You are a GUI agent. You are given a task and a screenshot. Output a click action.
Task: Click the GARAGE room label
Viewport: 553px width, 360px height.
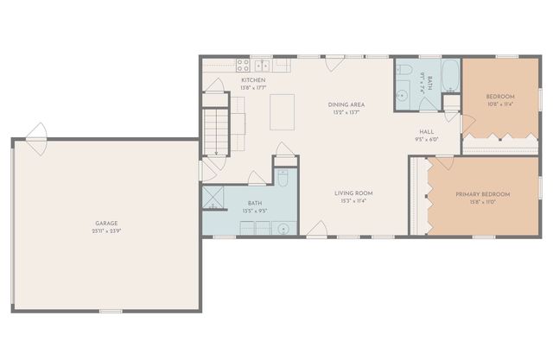[x=106, y=224]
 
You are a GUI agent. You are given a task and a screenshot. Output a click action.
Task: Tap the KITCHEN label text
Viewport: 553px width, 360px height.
[x=252, y=79]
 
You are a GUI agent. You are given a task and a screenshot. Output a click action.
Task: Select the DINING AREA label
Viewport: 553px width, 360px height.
[x=343, y=104]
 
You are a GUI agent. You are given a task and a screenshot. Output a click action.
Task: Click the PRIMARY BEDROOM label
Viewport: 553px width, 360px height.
[x=482, y=194]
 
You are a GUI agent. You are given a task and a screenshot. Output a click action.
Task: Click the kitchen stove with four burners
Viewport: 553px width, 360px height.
[x=244, y=64]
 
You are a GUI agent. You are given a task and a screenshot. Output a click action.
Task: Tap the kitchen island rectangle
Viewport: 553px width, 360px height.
[x=283, y=111]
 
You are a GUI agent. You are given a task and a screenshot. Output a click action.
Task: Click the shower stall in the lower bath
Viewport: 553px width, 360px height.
[x=213, y=197]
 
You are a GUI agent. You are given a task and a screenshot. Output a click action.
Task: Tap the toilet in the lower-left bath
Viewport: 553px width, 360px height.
[x=283, y=179]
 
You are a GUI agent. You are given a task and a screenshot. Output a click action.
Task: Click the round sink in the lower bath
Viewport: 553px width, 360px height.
[x=283, y=228]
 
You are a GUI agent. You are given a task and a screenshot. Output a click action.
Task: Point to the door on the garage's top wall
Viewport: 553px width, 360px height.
[x=36, y=136]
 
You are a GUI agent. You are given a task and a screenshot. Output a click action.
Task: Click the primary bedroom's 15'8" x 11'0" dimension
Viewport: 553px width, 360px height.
[x=482, y=202]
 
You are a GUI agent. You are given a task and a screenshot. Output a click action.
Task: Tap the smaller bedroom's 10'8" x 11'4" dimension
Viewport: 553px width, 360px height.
[x=499, y=104]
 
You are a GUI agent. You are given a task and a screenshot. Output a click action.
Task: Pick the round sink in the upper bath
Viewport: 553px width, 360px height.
[x=403, y=98]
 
